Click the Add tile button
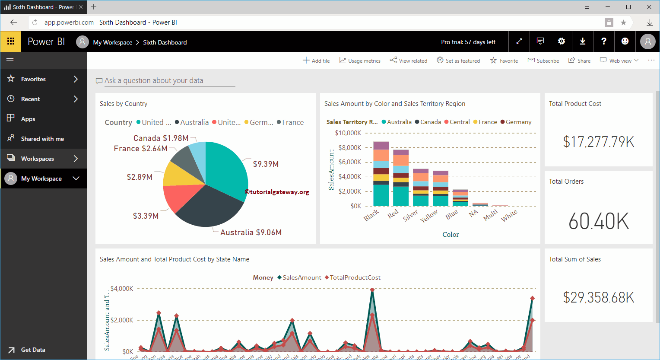pos(316,61)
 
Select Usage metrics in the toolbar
pos(360,61)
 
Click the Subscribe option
pos(543,61)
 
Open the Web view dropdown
pos(619,61)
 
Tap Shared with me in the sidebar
pos(42,139)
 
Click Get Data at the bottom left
pos(33,350)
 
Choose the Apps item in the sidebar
pos(28,119)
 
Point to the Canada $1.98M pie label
pos(161,138)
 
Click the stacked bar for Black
pos(381,174)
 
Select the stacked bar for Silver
pos(420,188)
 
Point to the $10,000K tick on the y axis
pos(348,133)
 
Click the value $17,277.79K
pos(598,142)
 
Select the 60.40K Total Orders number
pos(598,221)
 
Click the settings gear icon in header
pos(561,41)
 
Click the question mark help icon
pos(603,41)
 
